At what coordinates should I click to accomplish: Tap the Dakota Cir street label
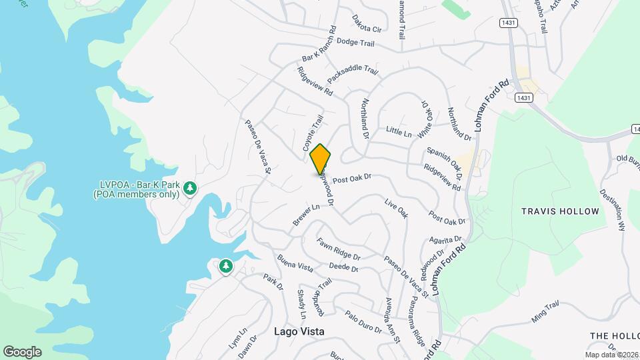coord(367,24)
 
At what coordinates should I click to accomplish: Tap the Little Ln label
coord(399,132)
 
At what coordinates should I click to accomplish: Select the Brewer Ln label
coord(307,215)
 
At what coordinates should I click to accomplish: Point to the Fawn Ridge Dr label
coord(339,249)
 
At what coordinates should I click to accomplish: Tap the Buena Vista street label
coord(295,263)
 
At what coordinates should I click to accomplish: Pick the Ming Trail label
coord(545,312)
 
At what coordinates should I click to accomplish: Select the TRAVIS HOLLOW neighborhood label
coord(560,211)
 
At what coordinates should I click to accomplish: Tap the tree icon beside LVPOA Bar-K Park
coord(191,188)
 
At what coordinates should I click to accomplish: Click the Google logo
coord(22,351)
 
